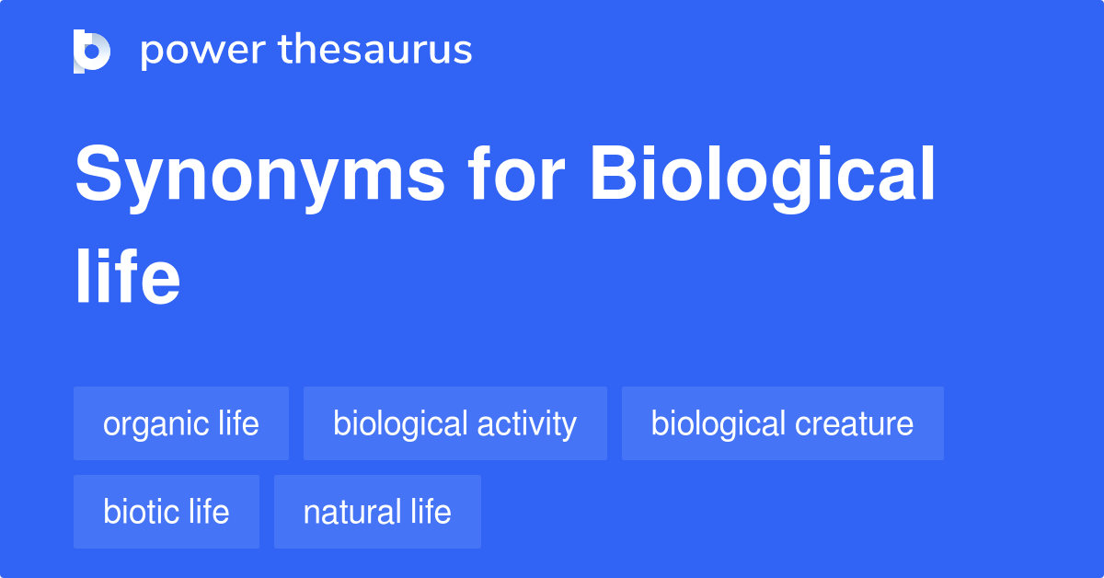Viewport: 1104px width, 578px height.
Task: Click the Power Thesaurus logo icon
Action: (x=92, y=51)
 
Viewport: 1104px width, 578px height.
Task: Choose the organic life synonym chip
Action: (x=181, y=423)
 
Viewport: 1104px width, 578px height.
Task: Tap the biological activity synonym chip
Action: (x=454, y=423)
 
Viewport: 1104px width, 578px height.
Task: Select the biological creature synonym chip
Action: (x=782, y=423)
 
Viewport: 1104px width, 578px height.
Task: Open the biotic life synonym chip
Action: (x=167, y=512)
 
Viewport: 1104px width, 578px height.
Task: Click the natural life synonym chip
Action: (x=377, y=512)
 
